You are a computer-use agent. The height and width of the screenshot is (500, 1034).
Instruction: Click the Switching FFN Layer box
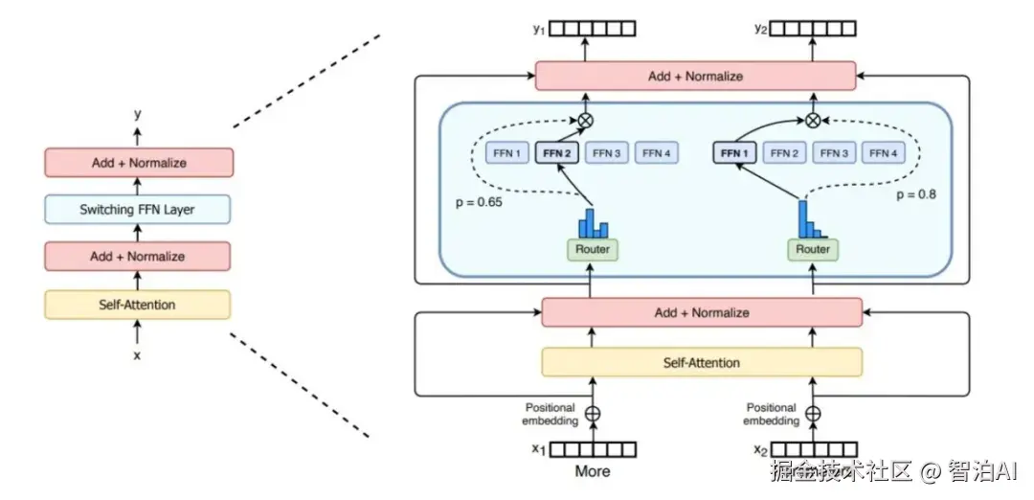coord(137,209)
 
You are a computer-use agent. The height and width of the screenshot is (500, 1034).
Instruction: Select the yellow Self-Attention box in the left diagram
coord(137,305)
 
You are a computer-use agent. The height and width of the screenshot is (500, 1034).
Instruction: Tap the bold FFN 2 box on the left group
coord(556,152)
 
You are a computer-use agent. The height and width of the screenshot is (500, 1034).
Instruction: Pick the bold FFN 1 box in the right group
coord(735,152)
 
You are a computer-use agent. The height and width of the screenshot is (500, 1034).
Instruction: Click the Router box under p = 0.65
coord(592,249)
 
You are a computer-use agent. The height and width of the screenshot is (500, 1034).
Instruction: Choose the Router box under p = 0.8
coord(813,249)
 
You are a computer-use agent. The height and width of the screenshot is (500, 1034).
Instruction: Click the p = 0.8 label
coord(915,194)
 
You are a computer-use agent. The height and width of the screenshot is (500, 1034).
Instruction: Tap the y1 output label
coord(538,30)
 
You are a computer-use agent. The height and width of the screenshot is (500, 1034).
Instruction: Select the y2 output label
coord(761,30)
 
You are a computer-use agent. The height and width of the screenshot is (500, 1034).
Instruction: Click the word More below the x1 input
coord(592,471)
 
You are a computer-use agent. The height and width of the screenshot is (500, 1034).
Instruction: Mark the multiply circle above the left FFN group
coord(584,121)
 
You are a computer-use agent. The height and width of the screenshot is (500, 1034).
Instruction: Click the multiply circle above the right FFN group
coord(813,121)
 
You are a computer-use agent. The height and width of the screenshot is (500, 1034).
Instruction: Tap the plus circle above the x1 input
coord(593,414)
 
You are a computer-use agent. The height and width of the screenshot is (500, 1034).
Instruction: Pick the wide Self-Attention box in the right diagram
coord(702,362)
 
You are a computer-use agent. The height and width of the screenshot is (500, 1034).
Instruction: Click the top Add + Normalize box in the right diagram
coord(694,76)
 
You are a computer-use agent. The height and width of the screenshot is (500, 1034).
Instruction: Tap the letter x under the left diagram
coord(136,355)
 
